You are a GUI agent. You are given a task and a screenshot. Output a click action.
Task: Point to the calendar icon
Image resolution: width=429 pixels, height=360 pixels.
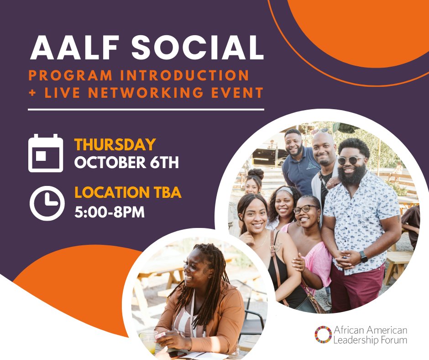coord(46,153)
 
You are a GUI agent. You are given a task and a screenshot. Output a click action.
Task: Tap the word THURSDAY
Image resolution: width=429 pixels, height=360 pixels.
coord(115,145)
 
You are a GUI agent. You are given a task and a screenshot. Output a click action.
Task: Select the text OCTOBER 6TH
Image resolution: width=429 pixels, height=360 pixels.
coord(126,163)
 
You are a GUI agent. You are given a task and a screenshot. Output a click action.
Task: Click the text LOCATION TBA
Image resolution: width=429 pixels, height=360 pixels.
coord(128,193)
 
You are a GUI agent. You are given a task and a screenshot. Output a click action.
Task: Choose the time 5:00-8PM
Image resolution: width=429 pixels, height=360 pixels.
coord(110,212)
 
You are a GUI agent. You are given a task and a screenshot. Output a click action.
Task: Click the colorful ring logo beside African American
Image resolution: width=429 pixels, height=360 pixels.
coord(323,334)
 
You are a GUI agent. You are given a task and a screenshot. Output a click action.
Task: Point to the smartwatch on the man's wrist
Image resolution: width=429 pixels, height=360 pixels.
coord(364,256)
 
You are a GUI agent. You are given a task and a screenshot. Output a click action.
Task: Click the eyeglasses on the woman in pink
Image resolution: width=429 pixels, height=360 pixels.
coord(305,209)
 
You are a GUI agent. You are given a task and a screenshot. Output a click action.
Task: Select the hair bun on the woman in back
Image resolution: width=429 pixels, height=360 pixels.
coord(256,174)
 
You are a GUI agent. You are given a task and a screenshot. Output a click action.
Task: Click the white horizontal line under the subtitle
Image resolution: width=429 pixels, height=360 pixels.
coord(146,110)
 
